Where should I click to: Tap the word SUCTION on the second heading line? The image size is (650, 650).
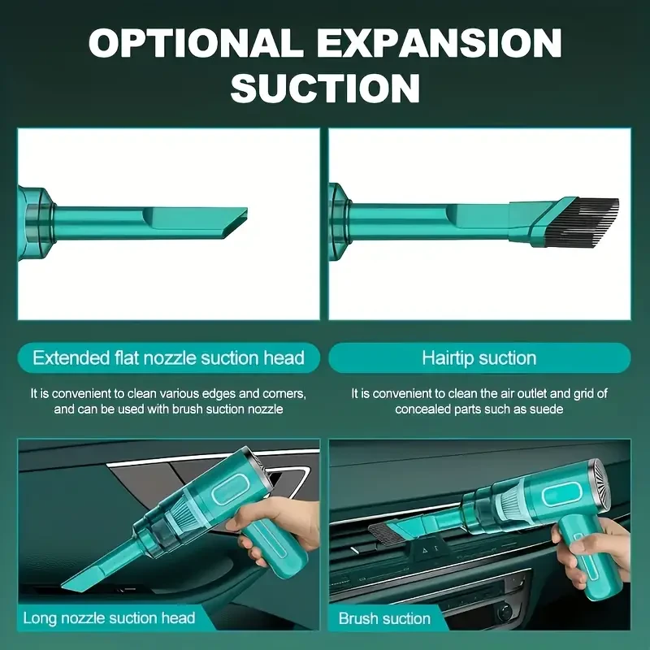[x=325, y=88]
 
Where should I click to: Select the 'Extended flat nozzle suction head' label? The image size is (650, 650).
[x=168, y=357]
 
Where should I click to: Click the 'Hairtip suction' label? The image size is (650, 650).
[x=479, y=357]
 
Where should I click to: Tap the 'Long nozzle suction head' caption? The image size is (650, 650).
[x=109, y=617]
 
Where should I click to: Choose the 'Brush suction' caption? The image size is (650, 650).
[x=384, y=618]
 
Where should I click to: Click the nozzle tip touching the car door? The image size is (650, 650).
[x=73, y=583]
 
